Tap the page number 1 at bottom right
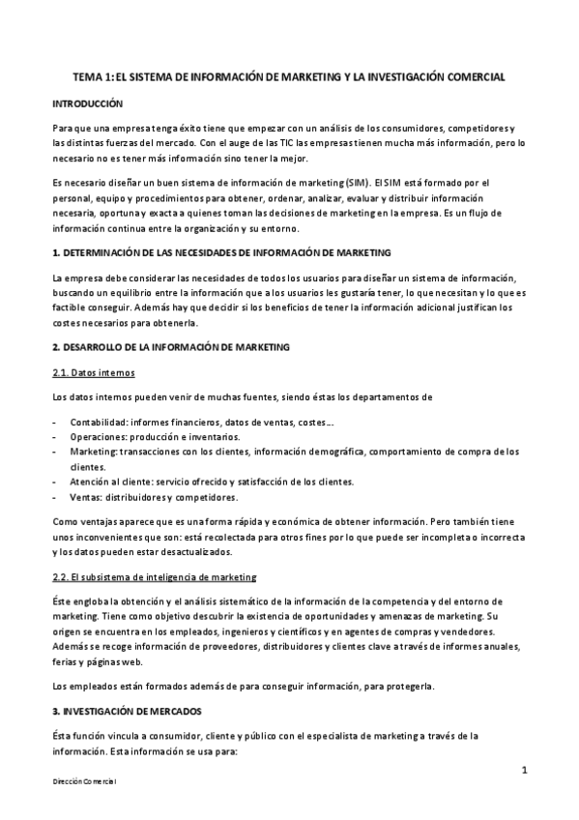(x=523, y=770)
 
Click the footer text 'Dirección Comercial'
(x=84, y=780)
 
